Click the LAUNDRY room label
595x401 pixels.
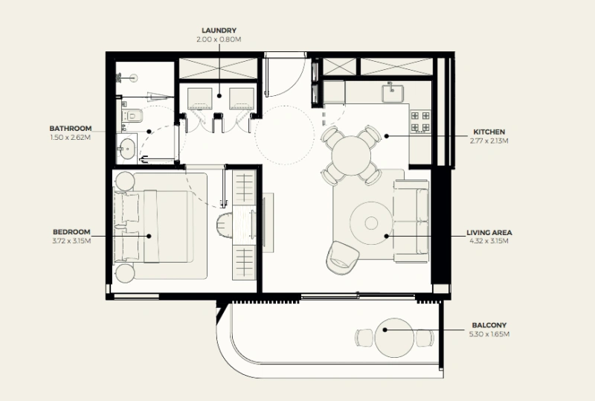[x=219, y=31]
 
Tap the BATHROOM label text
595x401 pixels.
[x=71, y=129]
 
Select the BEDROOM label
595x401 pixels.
[x=71, y=232]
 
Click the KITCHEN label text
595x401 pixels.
[x=489, y=132]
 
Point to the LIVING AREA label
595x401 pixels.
[x=489, y=233]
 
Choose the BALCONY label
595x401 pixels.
[x=489, y=325]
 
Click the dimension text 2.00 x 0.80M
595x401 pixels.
[x=219, y=39]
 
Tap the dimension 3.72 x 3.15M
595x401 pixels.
[x=71, y=241]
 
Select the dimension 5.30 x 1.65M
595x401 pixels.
[x=489, y=335]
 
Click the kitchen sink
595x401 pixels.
[x=393, y=93]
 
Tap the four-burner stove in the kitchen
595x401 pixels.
[x=420, y=121]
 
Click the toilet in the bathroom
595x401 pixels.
[x=133, y=115]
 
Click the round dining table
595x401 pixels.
[x=351, y=155]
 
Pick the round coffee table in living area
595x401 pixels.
[x=371, y=223]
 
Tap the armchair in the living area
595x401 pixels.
[x=341, y=257]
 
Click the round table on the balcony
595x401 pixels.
[x=394, y=338]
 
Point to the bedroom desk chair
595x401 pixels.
[x=225, y=227]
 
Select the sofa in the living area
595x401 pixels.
[x=412, y=222]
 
